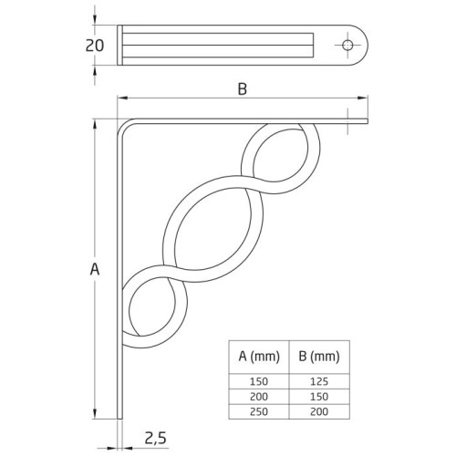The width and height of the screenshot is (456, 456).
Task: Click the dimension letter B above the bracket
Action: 242,88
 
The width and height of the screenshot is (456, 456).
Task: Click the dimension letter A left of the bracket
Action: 94,269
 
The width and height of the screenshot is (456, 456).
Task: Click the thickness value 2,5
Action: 155,440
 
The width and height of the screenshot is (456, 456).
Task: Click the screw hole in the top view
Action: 347,45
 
